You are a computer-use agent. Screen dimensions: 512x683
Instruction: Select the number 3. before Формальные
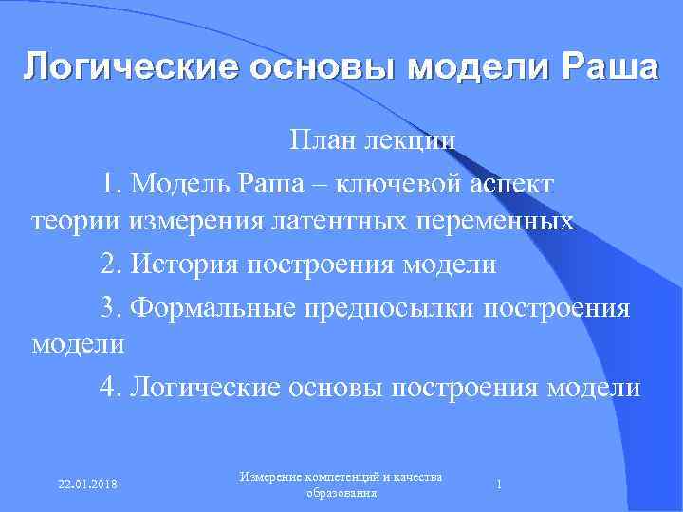tap(112, 306)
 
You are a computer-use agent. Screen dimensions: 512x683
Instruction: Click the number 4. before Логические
tap(112, 388)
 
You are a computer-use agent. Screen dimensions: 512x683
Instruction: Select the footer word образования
tap(342, 494)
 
